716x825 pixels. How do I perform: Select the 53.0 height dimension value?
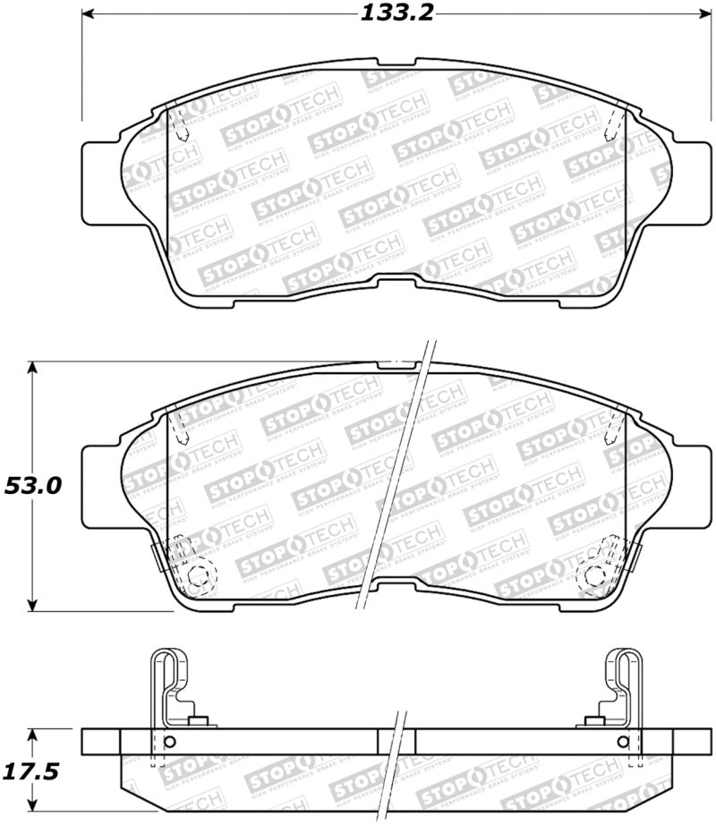(x=33, y=486)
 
